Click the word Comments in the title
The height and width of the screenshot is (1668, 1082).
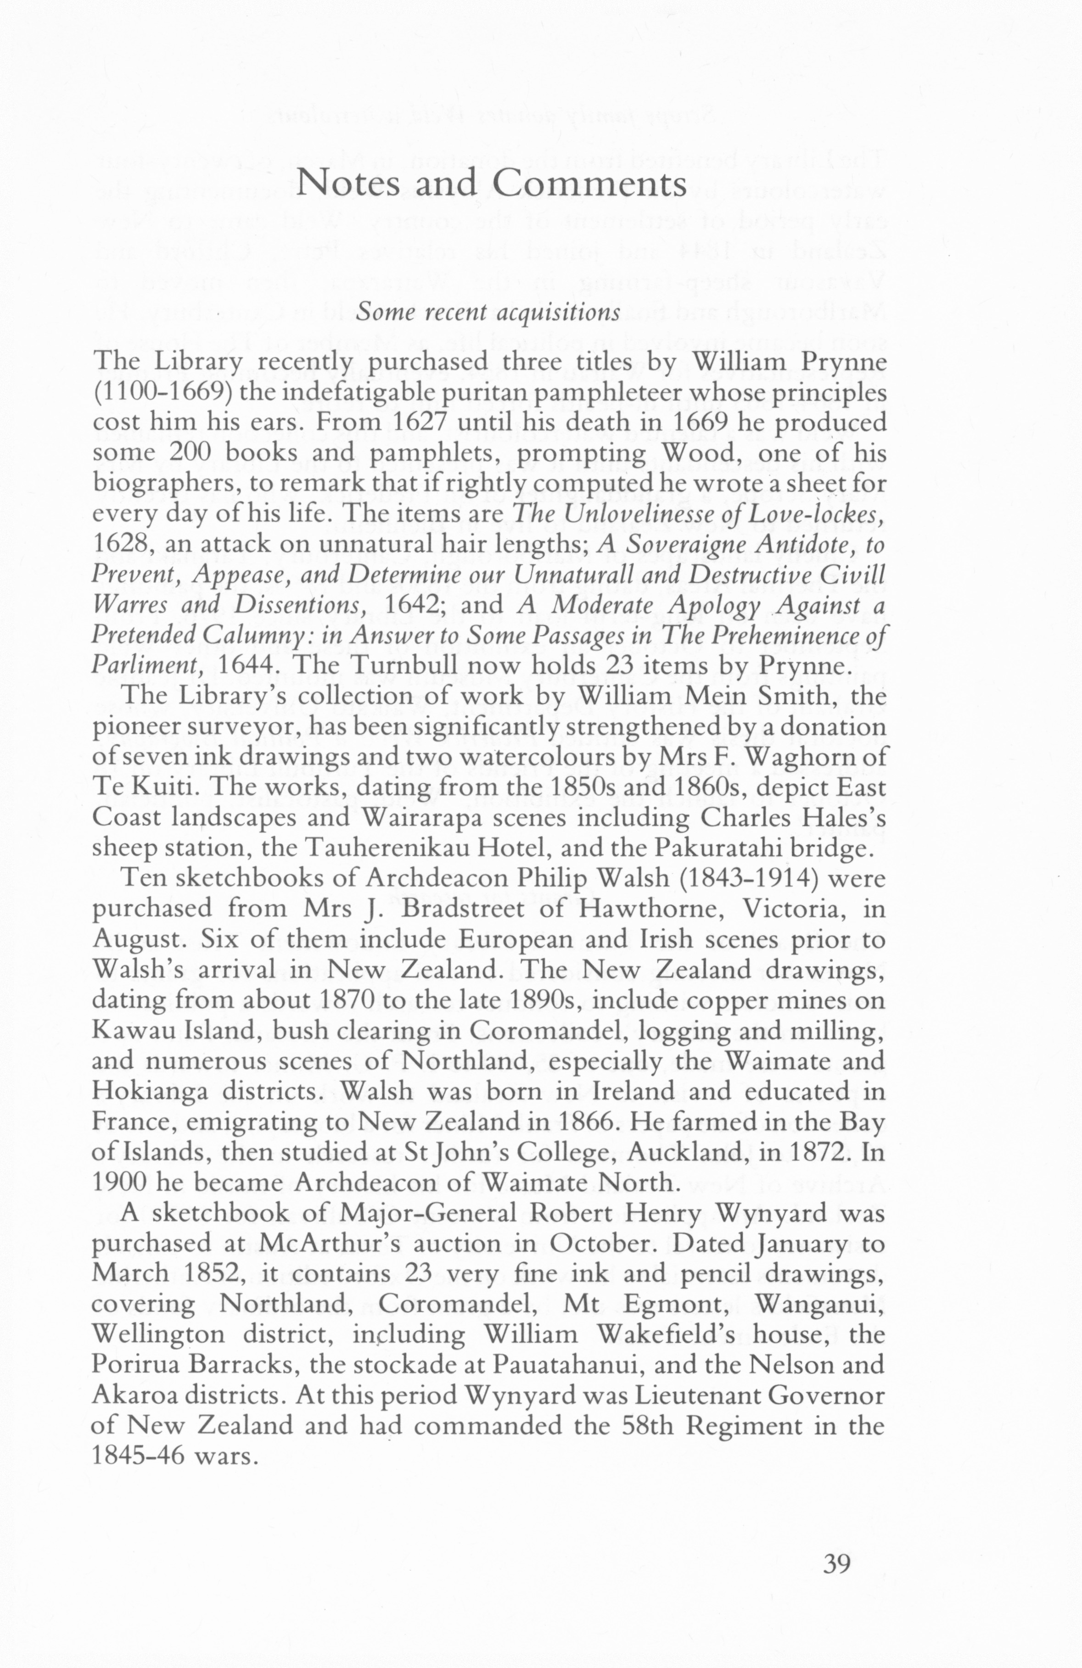(x=589, y=184)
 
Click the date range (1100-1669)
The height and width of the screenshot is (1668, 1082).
(x=162, y=393)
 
